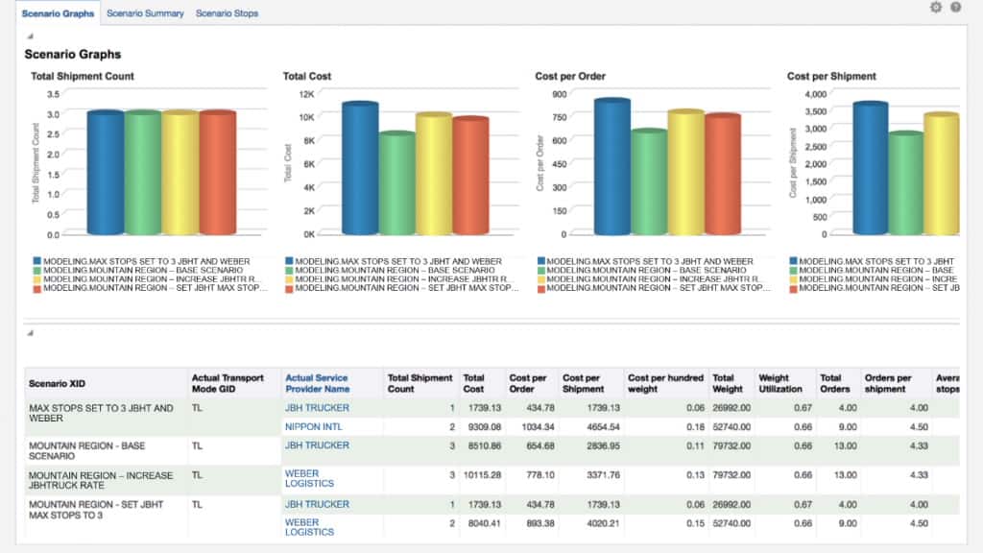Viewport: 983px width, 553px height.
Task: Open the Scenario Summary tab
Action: point(145,13)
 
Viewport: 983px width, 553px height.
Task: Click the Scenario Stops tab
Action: point(227,13)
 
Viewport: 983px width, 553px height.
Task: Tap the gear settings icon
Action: point(936,8)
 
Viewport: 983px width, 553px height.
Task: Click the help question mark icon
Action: point(956,8)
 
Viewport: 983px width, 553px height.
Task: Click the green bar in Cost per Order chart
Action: point(649,183)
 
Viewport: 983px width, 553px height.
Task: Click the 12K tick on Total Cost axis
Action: point(306,94)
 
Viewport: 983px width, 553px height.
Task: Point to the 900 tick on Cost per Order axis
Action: point(558,94)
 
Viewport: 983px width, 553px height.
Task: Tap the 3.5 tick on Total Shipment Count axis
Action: point(53,94)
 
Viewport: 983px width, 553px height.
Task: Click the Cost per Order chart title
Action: point(570,76)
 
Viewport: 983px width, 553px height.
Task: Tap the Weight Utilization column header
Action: point(780,383)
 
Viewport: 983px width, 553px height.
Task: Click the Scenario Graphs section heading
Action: point(73,55)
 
